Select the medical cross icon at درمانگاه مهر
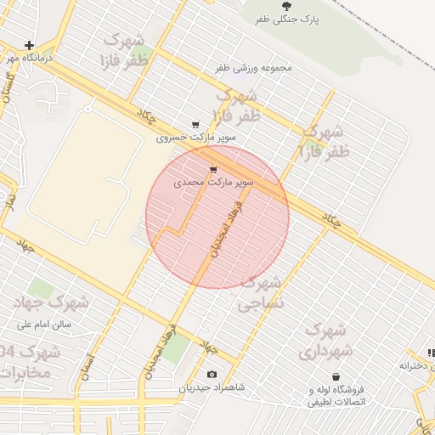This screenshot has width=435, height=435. point(30,45)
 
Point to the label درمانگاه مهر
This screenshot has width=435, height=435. point(30,59)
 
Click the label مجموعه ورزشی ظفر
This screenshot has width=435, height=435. point(253,67)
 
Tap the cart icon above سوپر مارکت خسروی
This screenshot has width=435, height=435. point(196,124)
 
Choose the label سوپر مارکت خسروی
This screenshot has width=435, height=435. point(196,137)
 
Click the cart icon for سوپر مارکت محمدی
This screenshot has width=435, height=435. point(212,170)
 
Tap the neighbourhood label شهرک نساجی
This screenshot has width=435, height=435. point(263,291)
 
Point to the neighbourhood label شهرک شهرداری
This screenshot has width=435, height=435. point(324,339)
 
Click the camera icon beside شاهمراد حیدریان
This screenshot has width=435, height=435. point(212,375)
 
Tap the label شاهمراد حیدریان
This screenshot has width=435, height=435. point(212,387)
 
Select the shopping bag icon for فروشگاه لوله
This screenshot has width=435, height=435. point(336,376)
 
